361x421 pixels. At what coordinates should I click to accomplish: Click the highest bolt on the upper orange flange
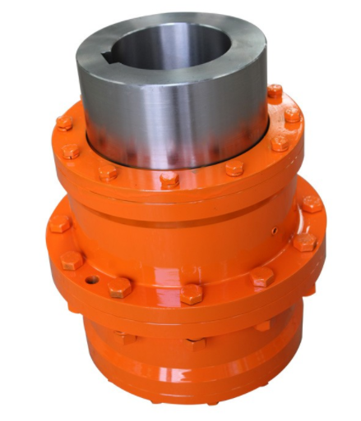coord(274,91)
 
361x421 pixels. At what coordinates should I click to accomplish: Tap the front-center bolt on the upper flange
coord(169,178)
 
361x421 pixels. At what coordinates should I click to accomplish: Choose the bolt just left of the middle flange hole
coord(72,261)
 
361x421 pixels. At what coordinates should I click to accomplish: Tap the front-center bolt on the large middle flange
coord(192,294)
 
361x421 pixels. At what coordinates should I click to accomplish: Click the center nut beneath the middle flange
coord(197,342)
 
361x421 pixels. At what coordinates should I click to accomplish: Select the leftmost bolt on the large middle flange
coord(59,223)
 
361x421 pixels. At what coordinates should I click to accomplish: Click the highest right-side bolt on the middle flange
coord(311,203)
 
